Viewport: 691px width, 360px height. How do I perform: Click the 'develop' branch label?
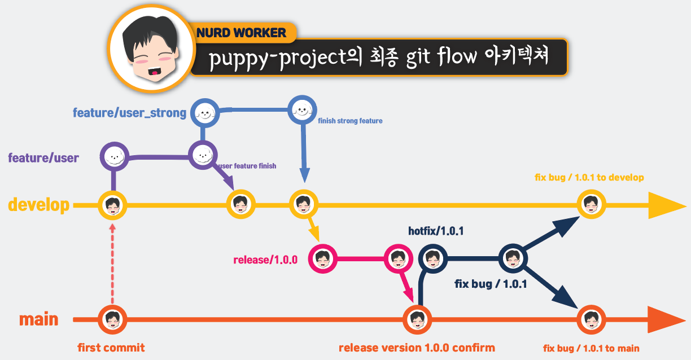tap(39, 205)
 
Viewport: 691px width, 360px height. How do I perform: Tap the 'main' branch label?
tap(39, 319)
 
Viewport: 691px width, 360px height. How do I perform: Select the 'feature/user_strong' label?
tap(129, 113)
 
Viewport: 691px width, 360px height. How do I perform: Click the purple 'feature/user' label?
tap(43, 157)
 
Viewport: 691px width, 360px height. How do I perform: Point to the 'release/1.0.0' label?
tap(265, 260)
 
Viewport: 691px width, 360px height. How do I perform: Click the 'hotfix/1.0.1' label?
tap(436, 231)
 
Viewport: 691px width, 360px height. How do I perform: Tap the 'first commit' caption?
tap(111, 348)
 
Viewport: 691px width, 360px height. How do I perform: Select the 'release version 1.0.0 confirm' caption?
tap(417, 348)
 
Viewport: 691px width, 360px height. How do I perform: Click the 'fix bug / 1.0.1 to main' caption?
tap(591, 348)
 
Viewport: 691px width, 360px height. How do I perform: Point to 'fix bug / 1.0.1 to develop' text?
tap(589, 178)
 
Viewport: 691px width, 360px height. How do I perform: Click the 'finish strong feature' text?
tap(350, 121)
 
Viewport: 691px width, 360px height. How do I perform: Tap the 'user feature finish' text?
tap(247, 166)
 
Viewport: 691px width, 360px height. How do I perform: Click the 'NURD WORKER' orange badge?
tap(242, 33)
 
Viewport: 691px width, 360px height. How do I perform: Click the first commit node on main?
tap(112, 320)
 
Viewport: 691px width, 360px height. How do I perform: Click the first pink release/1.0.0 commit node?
tap(322, 260)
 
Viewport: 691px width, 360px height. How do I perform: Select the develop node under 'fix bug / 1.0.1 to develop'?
tap(591, 204)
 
